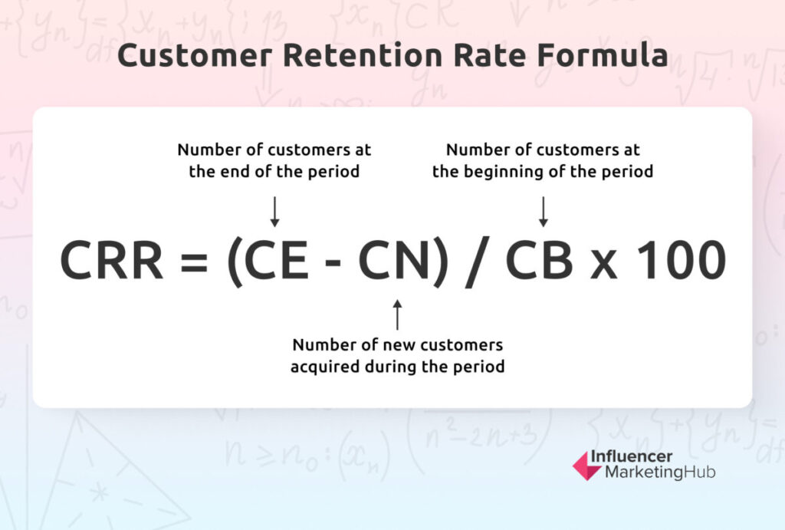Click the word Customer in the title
coord(195,54)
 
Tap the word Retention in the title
coord(363,54)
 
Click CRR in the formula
coord(111,260)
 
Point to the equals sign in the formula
coord(194,262)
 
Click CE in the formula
coord(276,260)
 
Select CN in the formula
coord(393,260)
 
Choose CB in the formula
coord(539,260)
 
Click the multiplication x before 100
coord(604,265)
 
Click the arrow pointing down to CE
coord(274,212)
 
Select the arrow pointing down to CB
coord(544,212)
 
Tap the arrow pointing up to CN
coord(398,314)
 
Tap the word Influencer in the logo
coord(632,456)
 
